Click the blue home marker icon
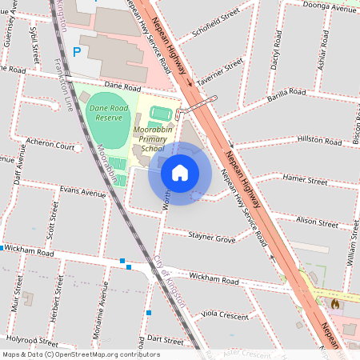coord(180,172)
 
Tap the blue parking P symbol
coord(77,51)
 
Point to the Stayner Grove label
coord(212,238)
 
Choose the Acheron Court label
coord(50,146)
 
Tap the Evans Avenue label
coord(82,193)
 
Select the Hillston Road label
coord(319,139)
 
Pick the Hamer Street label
coord(306,181)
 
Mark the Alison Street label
coord(317,222)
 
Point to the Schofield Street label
coord(217,26)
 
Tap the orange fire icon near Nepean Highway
coord(334,304)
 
